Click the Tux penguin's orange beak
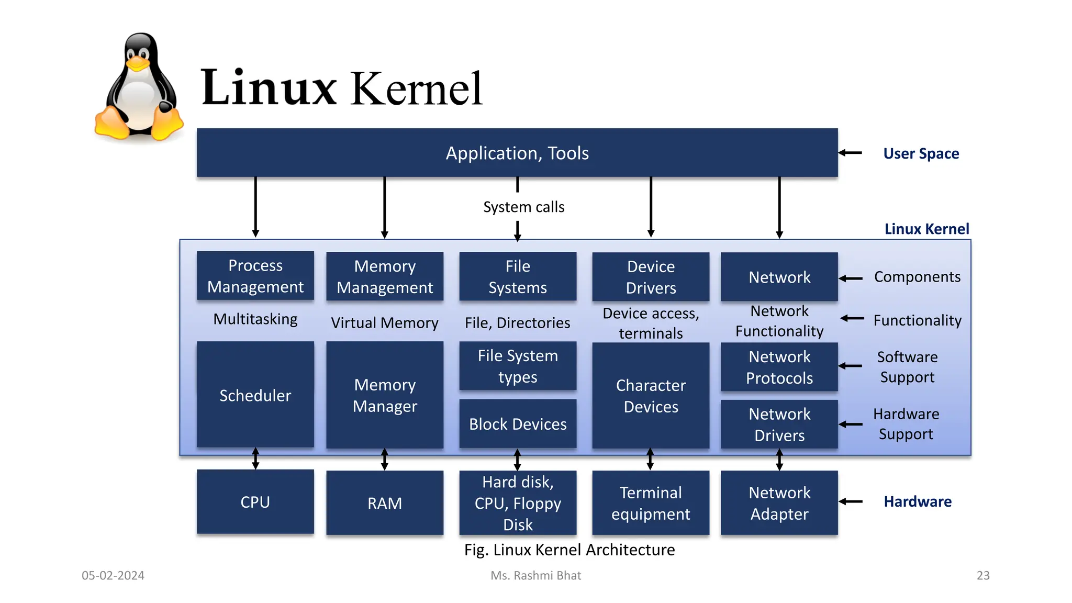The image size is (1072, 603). point(137,64)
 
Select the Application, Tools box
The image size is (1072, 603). point(517,153)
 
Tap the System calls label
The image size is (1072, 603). point(523,207)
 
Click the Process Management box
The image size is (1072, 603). point(255,276)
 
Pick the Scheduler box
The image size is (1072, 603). point(255,395)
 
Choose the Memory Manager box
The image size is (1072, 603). point(385,395)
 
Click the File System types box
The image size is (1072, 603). point(517,366)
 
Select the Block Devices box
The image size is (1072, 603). point(517,424)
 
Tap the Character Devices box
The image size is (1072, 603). point(651,396)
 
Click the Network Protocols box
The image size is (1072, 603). point(779,367)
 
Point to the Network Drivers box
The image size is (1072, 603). point(779,425)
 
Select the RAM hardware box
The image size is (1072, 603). point(385,503)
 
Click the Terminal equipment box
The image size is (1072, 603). point(651,503)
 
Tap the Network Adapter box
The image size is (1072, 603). point(779,503)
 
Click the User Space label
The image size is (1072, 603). point(921,153)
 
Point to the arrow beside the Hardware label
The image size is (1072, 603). point(851,501)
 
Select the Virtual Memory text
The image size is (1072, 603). point(385,323)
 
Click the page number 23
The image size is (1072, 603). point(982,575)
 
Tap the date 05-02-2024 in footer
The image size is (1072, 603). point(113,575)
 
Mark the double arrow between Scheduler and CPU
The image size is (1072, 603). point(255,459)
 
